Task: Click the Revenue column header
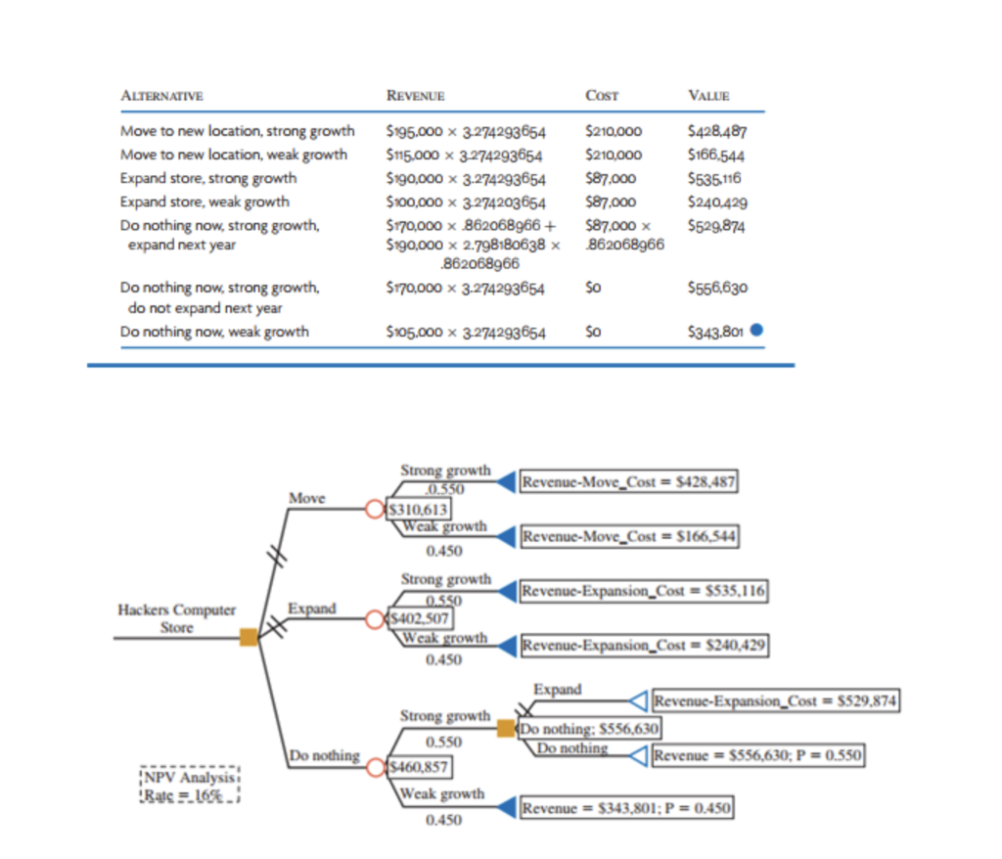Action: tap(415, 96)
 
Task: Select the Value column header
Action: tap(708, 96)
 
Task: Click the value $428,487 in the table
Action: tap(717, 131)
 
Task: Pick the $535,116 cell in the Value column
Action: tap(714, 178)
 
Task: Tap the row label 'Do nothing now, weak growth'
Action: tap(214, 332)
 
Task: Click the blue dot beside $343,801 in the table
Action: tap(756, 330)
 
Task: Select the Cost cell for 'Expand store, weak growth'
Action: tap(611, 202)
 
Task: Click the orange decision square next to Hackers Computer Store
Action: tap(249, 637)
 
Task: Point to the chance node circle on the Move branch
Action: tap(375, 509)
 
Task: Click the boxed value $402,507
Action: tap(420, 618)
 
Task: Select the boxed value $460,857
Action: tap(419, 767)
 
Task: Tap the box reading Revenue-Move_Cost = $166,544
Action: tap(629, 536)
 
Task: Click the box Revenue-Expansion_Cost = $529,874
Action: tap(776, 701)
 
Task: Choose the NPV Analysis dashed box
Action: tap(190, 786)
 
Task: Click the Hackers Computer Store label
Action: tap(176, 618)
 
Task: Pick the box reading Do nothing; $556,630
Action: tap(588, 729)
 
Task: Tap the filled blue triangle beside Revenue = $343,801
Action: tap(508, 807)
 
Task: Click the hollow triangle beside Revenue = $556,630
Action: tap(639, 755)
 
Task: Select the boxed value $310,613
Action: tap(418, 510)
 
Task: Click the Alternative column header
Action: tap(161, 96)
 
